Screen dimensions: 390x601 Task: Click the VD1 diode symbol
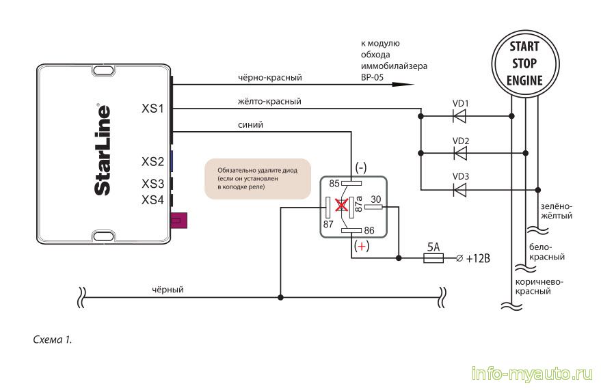point(460,115)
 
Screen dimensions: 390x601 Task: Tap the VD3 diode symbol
point(460,189)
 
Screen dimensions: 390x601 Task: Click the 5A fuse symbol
point(433,258)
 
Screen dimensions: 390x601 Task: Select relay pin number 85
point(334,184)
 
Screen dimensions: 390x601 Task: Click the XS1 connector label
point(152,108)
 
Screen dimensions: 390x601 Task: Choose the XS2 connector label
point(152,162)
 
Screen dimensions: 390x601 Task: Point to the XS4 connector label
point(152,200)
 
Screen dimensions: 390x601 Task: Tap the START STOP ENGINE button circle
point(524,64)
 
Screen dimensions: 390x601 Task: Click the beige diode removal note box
point(258,178)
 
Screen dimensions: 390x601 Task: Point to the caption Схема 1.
point(52,339)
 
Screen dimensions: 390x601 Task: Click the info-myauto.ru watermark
point(531,374)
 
